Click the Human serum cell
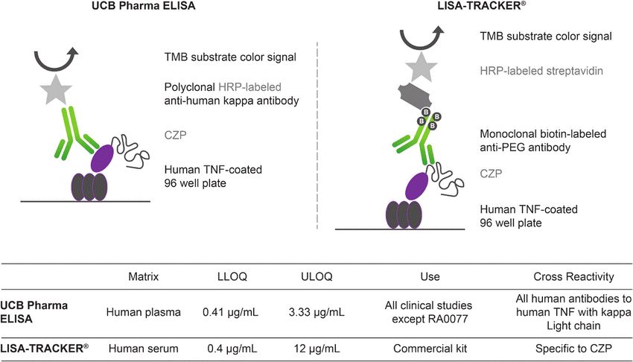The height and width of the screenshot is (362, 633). coord(144,346)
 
